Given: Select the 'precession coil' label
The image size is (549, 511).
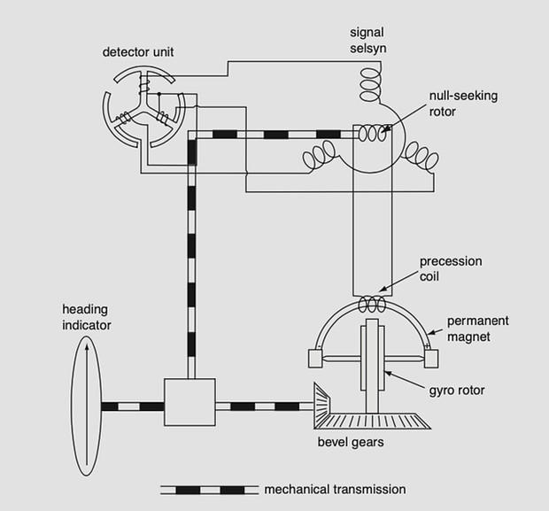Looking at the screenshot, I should [x=451, y=268].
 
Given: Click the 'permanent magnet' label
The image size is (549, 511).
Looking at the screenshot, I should [x=474, y=329].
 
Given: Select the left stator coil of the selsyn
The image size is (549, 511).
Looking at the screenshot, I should [x=318, y=158].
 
